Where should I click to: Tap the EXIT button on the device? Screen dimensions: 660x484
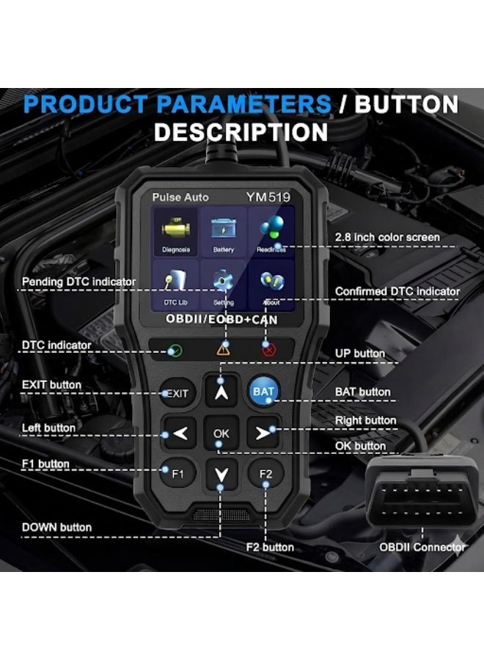coord(177,393)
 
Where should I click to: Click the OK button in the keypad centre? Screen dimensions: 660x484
coord(221,433)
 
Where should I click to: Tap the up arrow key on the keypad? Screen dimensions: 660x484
coord(221,391)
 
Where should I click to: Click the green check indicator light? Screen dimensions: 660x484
coord(175,350)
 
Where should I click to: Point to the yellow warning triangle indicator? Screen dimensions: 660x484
coord(222,350)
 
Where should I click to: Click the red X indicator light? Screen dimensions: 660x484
coord(268,350)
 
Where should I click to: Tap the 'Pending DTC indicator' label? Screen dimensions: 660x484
coord(78,282)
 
